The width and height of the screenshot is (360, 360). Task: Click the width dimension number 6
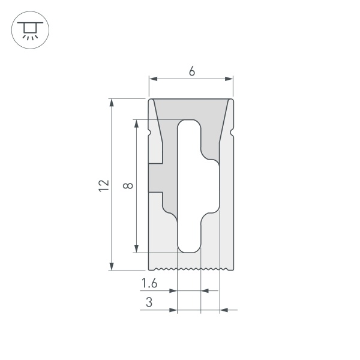pyautogui.click(x=191, y=71)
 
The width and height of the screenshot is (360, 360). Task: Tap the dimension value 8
pyautogui.click(x=127, y=186)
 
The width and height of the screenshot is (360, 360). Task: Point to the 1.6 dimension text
pyautogui.click(x=149, y=283)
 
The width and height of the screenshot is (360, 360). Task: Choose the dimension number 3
pyautogui.click(x=149, y=303)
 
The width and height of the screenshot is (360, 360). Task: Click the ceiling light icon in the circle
pyautogui.click(x=28, y=29)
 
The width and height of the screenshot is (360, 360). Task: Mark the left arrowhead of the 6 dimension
pyautogui.click(x=152, y=79)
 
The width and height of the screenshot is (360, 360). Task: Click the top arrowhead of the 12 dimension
pyautogui.click(x=112, y=103)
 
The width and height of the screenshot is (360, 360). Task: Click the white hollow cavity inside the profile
pyautogui.click(x=190, y=186)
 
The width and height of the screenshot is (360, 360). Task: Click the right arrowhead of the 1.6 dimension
pyautogui.click(x=204, y=290)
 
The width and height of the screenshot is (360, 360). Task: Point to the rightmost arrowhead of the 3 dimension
pyautogui.click(x=224, y=310)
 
